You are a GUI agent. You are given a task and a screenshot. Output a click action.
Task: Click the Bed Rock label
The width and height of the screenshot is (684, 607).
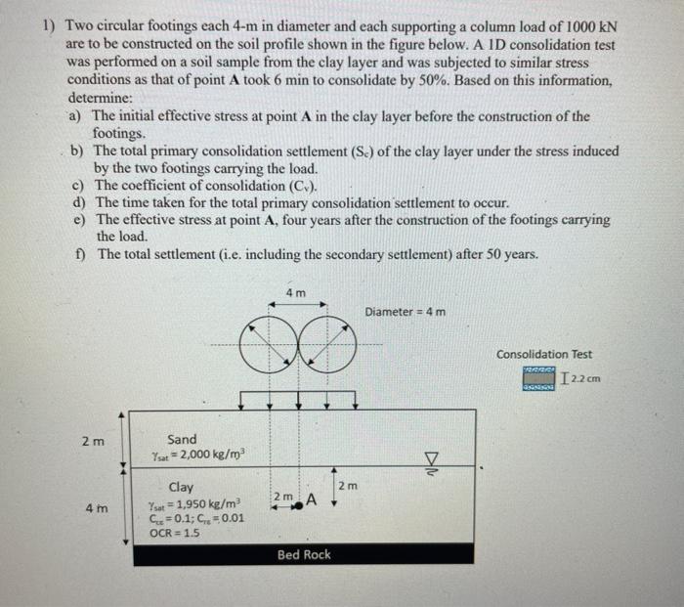[x=304, y=555]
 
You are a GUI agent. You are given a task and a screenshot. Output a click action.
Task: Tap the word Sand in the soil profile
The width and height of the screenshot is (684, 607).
[x=182, y=440]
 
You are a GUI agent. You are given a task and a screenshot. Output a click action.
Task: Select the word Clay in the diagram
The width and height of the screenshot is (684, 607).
[x=181, y=487]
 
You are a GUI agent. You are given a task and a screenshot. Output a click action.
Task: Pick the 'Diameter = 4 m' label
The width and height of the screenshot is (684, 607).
[x=406, y=312]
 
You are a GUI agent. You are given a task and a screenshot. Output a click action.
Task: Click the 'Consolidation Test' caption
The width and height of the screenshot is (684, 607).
[x=543, y=354]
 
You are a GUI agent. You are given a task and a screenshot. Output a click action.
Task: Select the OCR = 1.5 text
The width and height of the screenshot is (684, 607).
[x=174, y=533]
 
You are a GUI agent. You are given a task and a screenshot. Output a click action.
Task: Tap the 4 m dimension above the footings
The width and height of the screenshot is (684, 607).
[x=295, y=293]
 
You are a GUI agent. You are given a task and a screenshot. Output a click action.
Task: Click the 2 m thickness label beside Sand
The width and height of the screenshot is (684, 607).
[x=88, y=441]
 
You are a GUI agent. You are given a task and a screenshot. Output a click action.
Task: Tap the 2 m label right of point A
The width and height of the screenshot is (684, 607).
[x=348, y=485]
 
